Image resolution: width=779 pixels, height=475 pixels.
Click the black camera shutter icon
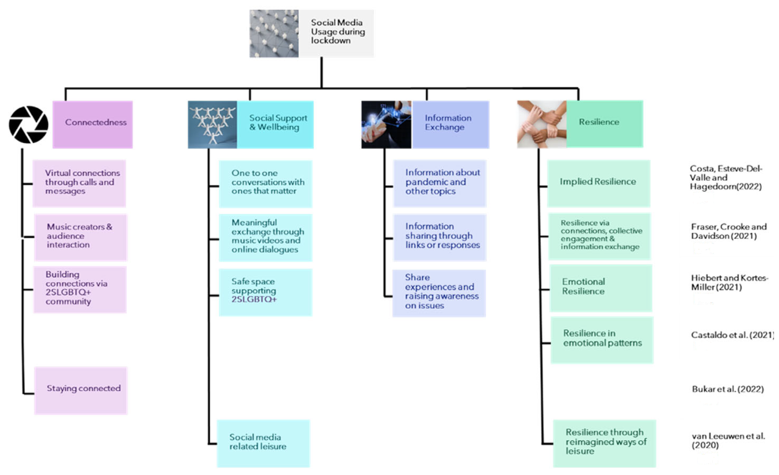point(29,124)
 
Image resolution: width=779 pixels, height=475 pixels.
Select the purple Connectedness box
point(93,124)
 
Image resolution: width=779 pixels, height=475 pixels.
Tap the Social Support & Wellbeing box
point(275,124)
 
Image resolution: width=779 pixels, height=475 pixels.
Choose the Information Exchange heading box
point(450,124)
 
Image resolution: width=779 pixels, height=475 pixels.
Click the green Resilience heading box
point(604,124)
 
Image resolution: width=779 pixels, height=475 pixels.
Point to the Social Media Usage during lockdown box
point(336,33)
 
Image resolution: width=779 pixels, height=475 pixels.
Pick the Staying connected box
point(81,390)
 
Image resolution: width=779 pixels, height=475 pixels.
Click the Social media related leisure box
point(263,443)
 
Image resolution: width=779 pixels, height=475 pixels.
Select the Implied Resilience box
point(598,183)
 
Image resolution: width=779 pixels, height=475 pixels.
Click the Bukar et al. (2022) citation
point(728,389)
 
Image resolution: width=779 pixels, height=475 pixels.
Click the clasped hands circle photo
point(542,124)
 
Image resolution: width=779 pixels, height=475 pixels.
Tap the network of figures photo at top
point(274,34)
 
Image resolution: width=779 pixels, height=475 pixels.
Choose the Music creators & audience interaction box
point(81,237)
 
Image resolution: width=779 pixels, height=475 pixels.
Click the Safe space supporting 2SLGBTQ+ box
point(266,292)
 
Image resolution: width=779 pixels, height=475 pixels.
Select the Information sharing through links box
point(439,237)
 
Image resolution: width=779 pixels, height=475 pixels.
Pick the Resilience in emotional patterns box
point(602,340)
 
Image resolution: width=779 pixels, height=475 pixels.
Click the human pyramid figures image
point(213,124)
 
